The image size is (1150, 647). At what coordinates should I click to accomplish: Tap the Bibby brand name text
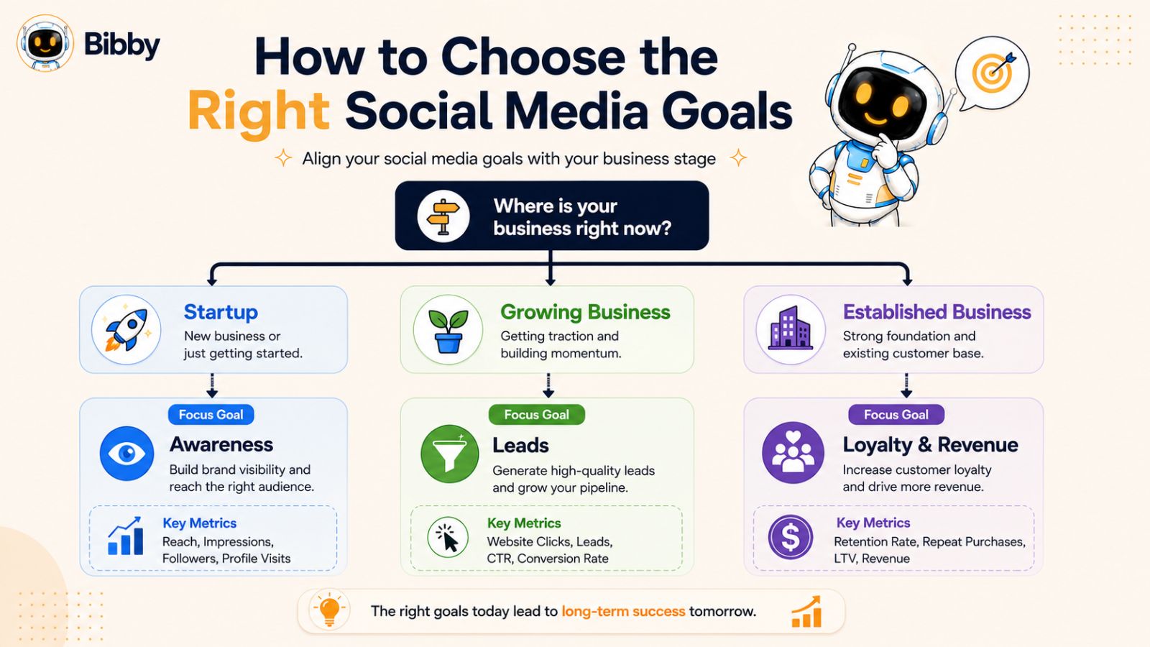point(121,45)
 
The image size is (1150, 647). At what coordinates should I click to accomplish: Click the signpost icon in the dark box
point(443,216)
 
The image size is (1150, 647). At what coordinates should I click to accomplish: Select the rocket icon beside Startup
point(126,330)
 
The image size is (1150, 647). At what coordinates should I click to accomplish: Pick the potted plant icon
point(448,330)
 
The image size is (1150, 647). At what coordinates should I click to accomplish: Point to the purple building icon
point(791,329)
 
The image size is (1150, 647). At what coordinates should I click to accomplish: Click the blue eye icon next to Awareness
point(126,454)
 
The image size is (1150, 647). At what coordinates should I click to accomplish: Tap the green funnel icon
point(450,454)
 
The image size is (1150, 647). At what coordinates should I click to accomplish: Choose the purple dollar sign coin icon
point(791,537)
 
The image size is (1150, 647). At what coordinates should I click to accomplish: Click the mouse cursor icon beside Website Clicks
point(448,537)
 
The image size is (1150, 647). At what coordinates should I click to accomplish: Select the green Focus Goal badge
point(536,414)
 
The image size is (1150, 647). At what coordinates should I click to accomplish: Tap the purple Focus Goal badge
point(896,414)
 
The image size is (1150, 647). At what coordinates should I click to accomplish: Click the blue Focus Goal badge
point(211,414)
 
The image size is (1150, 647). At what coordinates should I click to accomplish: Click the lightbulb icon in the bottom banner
point(329,611)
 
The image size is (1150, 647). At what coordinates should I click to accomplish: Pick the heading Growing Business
point(585,312)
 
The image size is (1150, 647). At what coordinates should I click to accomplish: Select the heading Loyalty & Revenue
point(930,445)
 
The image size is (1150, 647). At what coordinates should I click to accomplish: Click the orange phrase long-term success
point(623,611)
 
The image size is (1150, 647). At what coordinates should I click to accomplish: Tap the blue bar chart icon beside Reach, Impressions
point(125,536)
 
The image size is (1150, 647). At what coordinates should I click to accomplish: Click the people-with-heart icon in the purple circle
point(793,452)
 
